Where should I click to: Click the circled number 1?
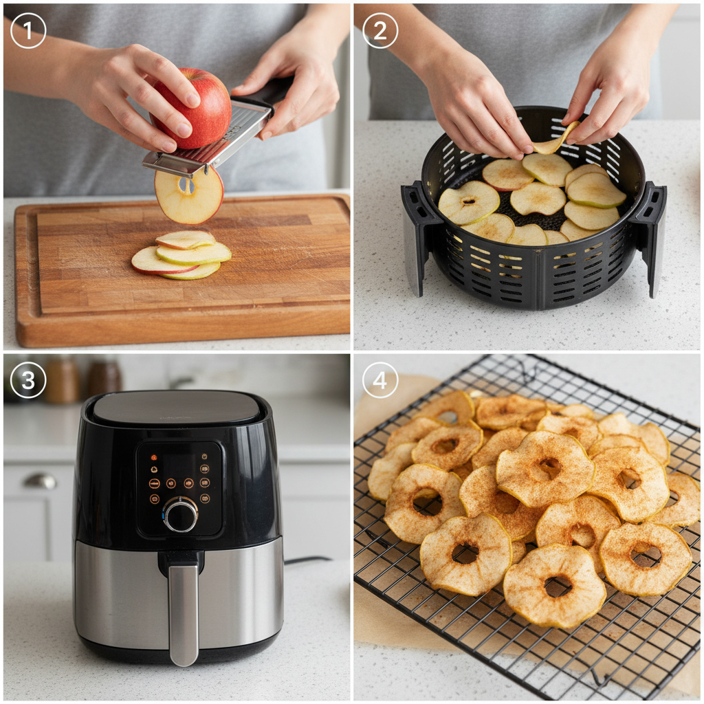(x=27, y=30)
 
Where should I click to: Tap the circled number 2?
(x=379, y=30)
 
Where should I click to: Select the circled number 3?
(x=27, y=380)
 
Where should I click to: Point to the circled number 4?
(x=379, y=380)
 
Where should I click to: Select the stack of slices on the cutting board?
(x=181, y=255)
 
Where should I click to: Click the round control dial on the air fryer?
(x=181, y=514)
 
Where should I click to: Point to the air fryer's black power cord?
(x=307, y=560)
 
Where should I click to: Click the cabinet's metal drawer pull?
(x=41, y=481)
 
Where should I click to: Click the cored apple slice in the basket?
(x=469, y=202)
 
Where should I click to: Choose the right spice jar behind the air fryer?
(x=104, y=377)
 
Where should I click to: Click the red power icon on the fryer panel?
(x=154, y=457)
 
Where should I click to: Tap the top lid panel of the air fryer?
(x=177, y=408)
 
